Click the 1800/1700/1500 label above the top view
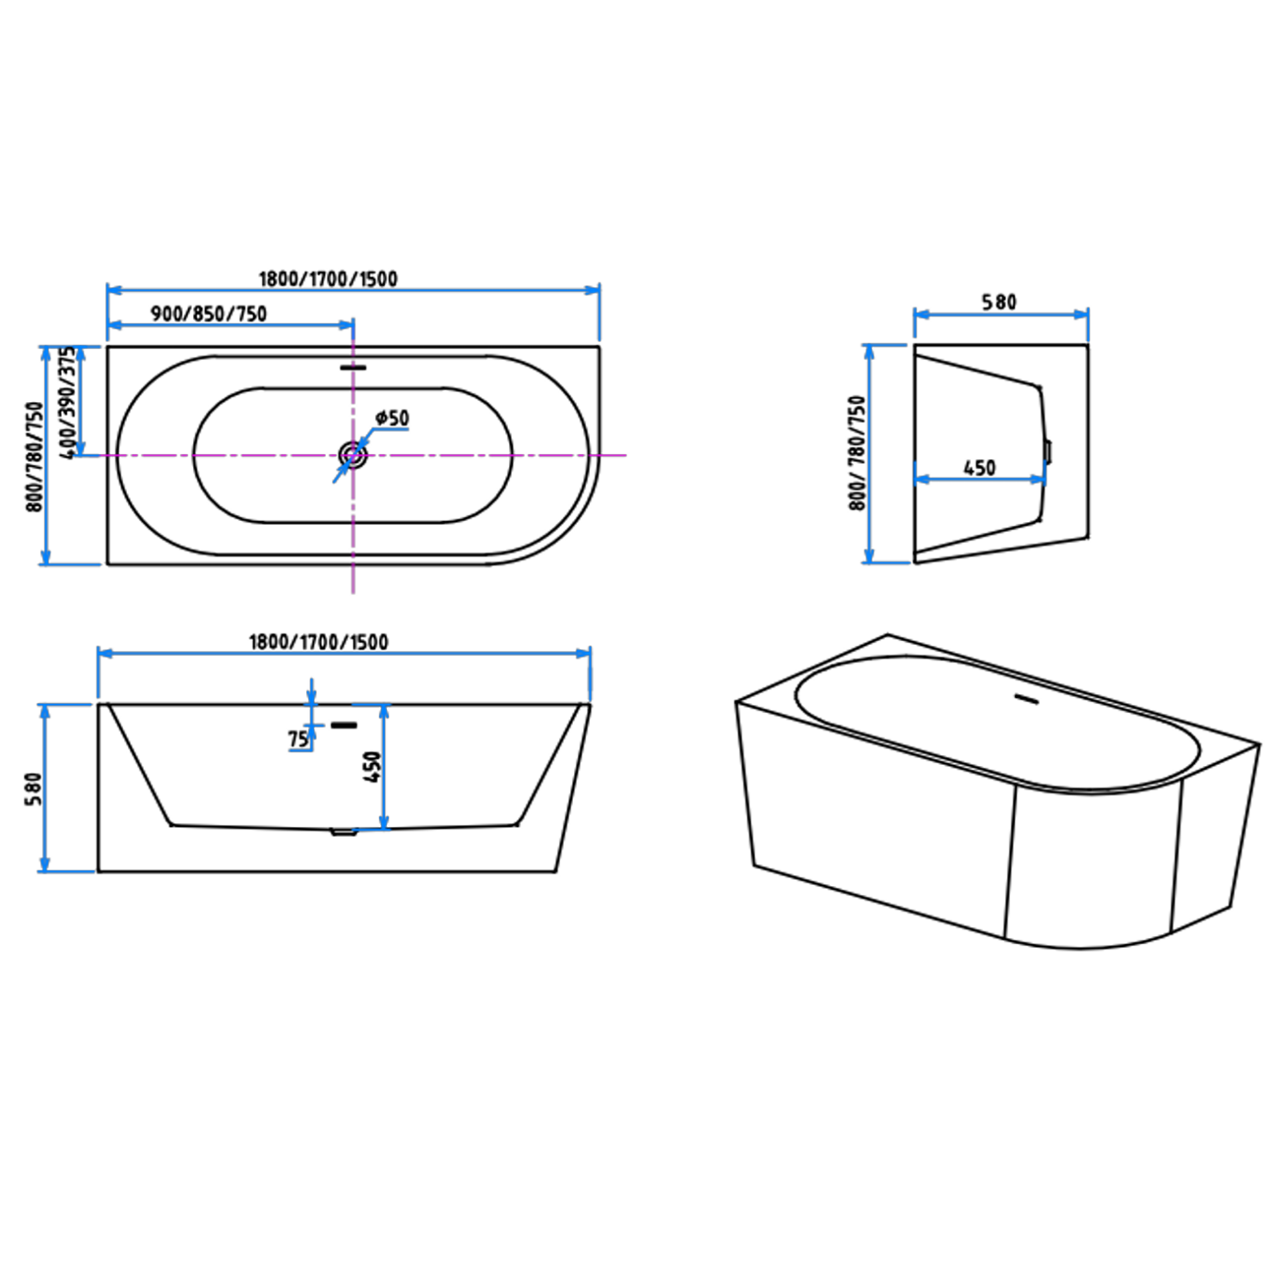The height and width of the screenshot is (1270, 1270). click(328, 279)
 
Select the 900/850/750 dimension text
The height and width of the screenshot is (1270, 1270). click(209, 314)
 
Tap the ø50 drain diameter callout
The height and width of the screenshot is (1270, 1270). click(392, 418)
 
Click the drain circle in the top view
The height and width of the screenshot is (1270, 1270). click(353, 455)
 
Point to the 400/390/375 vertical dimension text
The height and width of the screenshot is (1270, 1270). click(68, 402)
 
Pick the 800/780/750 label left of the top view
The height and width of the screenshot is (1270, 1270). click(35, 456)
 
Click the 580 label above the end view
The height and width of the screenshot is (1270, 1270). click(999, 302)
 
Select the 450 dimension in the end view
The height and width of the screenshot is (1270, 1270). click(980, 468)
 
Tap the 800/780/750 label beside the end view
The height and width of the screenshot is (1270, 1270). click(856, 453)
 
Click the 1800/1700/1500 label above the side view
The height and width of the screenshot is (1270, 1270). click(318, 642)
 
